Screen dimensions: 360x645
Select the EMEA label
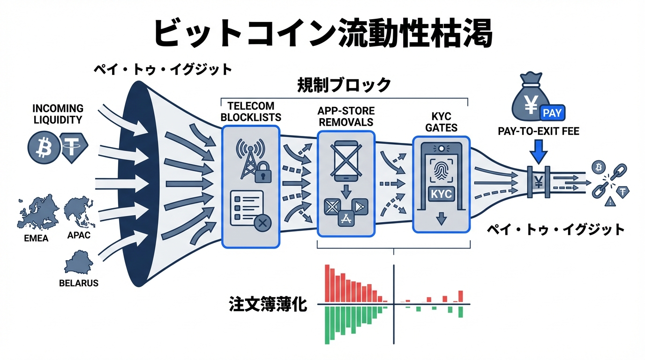(x=36, y=238)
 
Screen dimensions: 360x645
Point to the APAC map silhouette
(x=80, y=213)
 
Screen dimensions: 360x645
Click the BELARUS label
(x=79, y=283)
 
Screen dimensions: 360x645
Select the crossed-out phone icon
(x=346, y=160)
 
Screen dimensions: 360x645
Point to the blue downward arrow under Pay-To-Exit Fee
(x=539, y=153)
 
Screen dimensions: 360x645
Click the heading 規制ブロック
(x=344, y=85)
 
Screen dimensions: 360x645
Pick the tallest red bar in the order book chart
(x=328, y=284)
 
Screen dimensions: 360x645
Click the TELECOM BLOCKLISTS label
(x=250, y=112)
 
